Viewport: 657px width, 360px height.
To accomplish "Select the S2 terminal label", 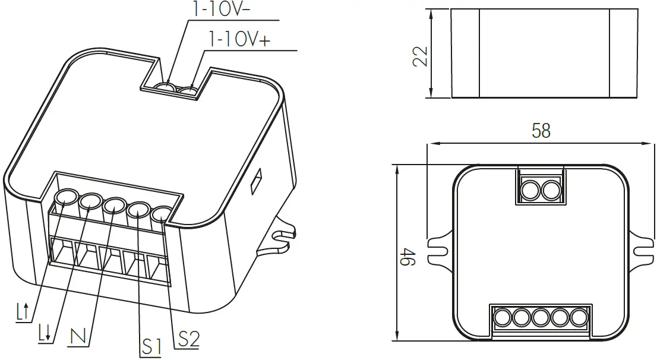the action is pyautogui.click(x=189, y=339).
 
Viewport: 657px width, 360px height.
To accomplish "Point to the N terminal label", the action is pyautogui.click(x=78, y=336).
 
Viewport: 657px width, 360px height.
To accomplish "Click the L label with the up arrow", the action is pyautogui.click(x=23, y=311).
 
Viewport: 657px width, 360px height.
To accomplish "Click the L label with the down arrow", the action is pyautogui.click(x=45, y=333).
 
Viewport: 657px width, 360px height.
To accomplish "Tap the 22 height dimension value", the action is pyautogui.click(x=420, y=56).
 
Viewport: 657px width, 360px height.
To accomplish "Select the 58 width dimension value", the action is pyautogui.click(x=541, y=131).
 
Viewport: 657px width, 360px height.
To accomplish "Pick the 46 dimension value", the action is pyautogui.click(x=408, y=257).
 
